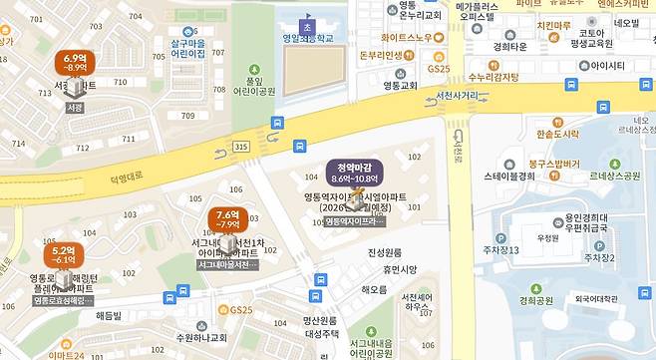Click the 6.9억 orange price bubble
[x=75, y=63]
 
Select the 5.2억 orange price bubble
[x=63, y=253]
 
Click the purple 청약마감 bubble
[x=355, y=172]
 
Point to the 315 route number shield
[x=240, y=147]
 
